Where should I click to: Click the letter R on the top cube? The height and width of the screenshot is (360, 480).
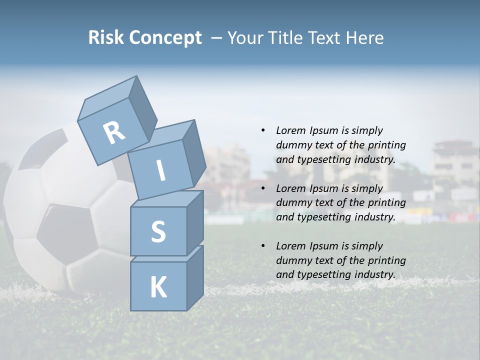pyautogui.click(x=114, y=133)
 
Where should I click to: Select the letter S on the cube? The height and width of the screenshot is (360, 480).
pyautogui.click(x=158, y=231)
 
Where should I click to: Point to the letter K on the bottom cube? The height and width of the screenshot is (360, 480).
pyautogui.click(x=158, y=287)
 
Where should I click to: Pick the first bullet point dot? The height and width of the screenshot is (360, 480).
pyautogui.click(x=263, y=130)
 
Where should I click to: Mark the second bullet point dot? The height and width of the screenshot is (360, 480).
pyautogui.click(x=263, y=188)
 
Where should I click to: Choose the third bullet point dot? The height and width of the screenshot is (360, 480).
pyautogui.click(x=263, y=246)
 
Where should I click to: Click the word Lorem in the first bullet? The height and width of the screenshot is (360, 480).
pyautogui.click(x=290, y=130)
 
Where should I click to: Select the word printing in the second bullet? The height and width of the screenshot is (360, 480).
pyautogui.click(x=386, y=202)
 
